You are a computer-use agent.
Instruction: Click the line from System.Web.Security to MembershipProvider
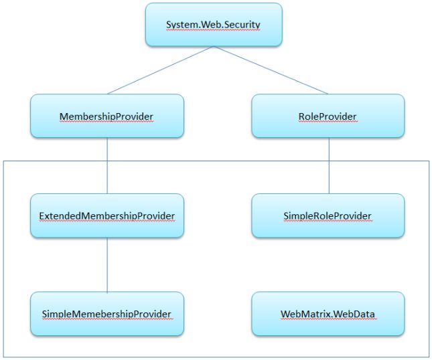tap(161, 70)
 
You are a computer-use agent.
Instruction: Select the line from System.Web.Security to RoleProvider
tap(271, 70)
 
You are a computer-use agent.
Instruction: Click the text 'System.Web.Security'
tap(213, 25)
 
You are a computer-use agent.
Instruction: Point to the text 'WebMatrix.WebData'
tap(328, 314)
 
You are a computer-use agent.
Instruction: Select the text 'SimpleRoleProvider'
tap(328, 215)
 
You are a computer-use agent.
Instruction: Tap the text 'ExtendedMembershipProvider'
tap(106, 215)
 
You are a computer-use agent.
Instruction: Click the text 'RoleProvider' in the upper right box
tap(328, 116)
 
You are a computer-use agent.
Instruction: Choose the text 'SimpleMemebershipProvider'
tap(106, 314)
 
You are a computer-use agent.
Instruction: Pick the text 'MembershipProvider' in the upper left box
tap(106, 116)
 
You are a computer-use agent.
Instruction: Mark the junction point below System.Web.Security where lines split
tap(214, 47)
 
